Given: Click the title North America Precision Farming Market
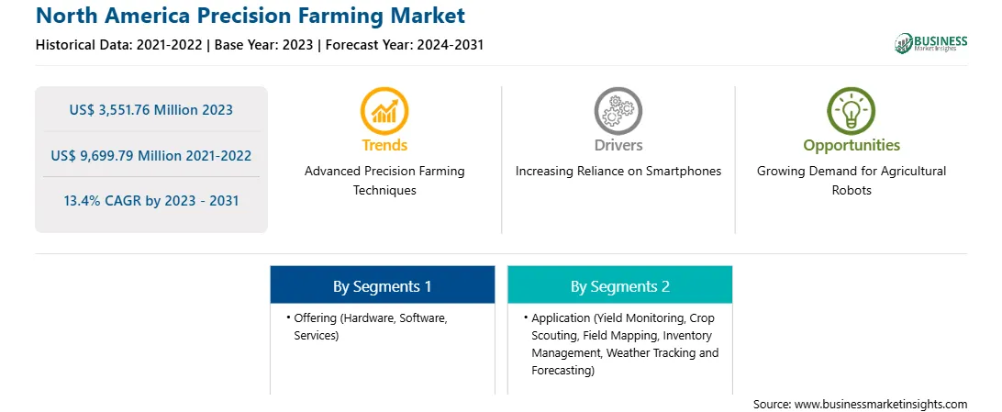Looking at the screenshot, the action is [x=250, y=15].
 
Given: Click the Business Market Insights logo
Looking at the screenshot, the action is [x=931, y=43].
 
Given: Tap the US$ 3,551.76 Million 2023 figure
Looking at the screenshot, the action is [x=150, y=110].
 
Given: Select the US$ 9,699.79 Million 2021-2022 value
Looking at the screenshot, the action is [x=150, y=155].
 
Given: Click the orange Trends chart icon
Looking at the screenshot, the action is [x=384, y=110].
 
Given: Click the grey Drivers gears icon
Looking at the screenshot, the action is [x=618, y=110].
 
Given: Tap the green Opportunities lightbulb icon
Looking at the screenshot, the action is [x=852, y=110].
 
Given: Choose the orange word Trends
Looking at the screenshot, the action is [x=384, y=145].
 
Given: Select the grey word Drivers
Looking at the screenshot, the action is [x=618, y=145].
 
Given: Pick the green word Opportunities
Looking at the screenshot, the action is [x=852, y=146].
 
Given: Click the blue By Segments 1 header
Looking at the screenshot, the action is [x=382, y=284].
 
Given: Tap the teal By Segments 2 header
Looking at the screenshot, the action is [x=620, y=284].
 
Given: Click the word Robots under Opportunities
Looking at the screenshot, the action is [x=852, y=190].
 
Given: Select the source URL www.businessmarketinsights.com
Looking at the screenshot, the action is [x=881, y=404].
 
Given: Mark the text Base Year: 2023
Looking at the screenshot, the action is [x=264, y=45].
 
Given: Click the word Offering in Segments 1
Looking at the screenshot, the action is [x=316, y=317].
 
